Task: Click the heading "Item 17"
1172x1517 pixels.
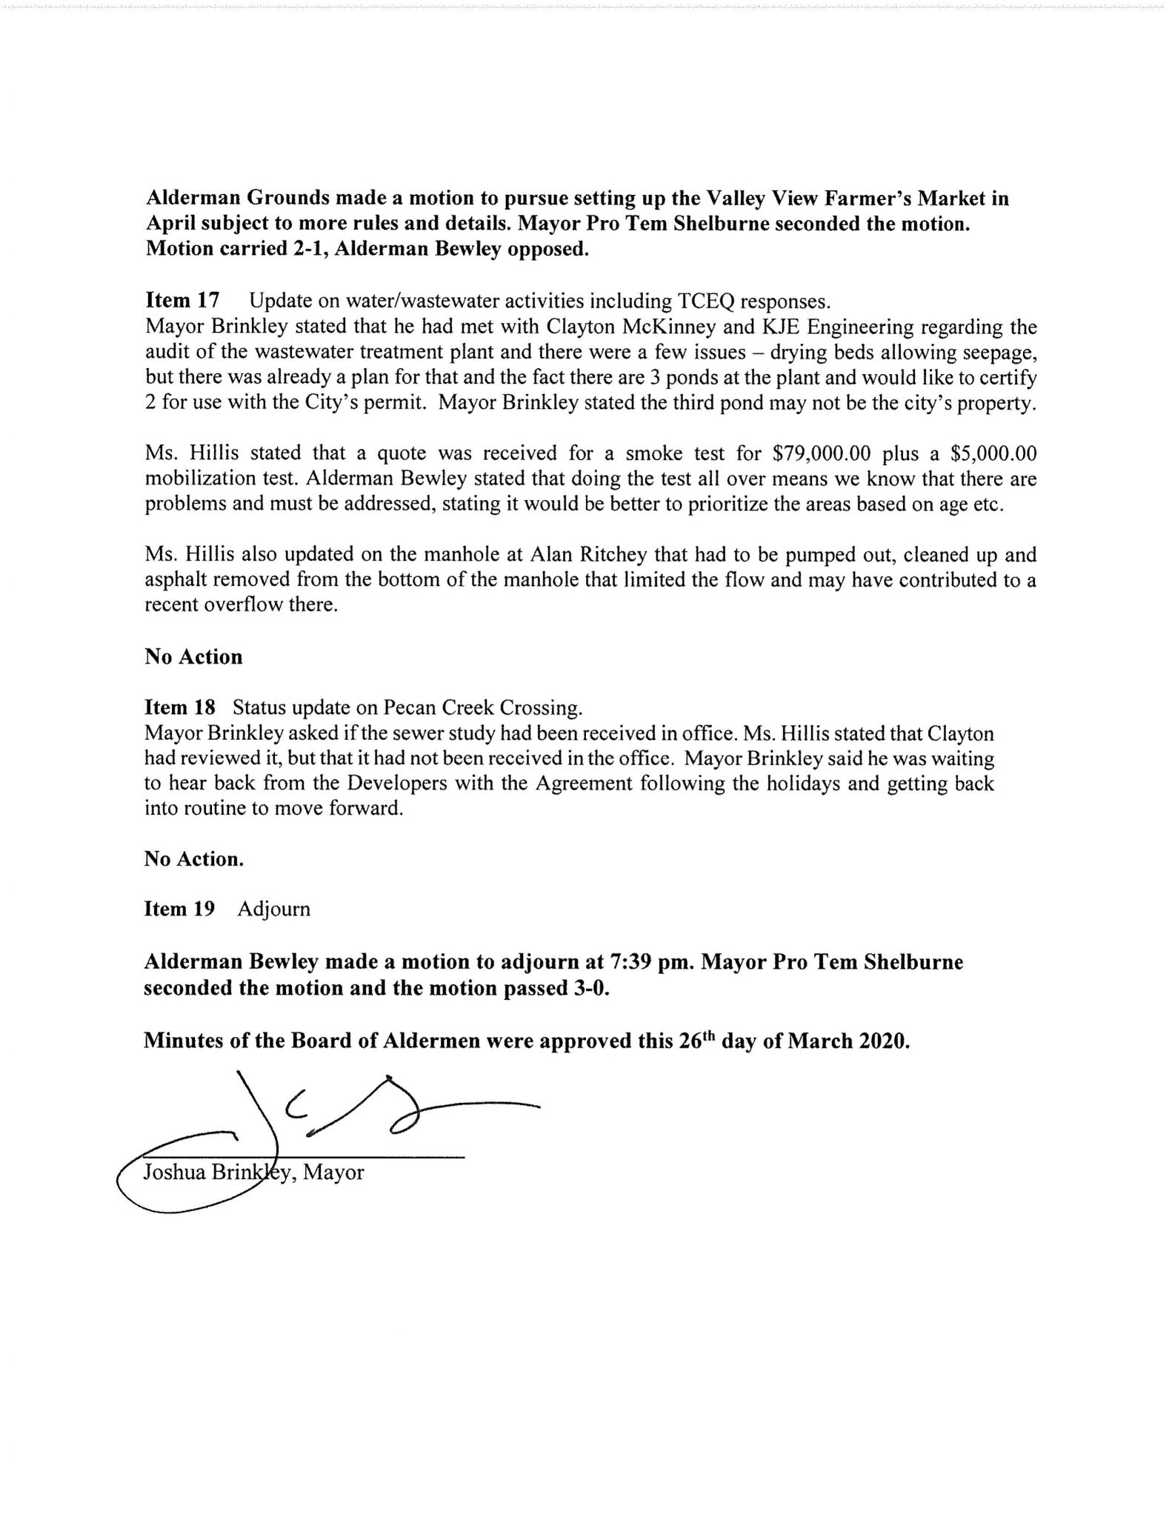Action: point(182,301)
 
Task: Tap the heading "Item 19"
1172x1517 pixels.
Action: point(179,909)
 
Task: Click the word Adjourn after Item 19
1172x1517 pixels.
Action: point(274,909)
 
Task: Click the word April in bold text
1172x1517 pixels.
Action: point(171,224)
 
